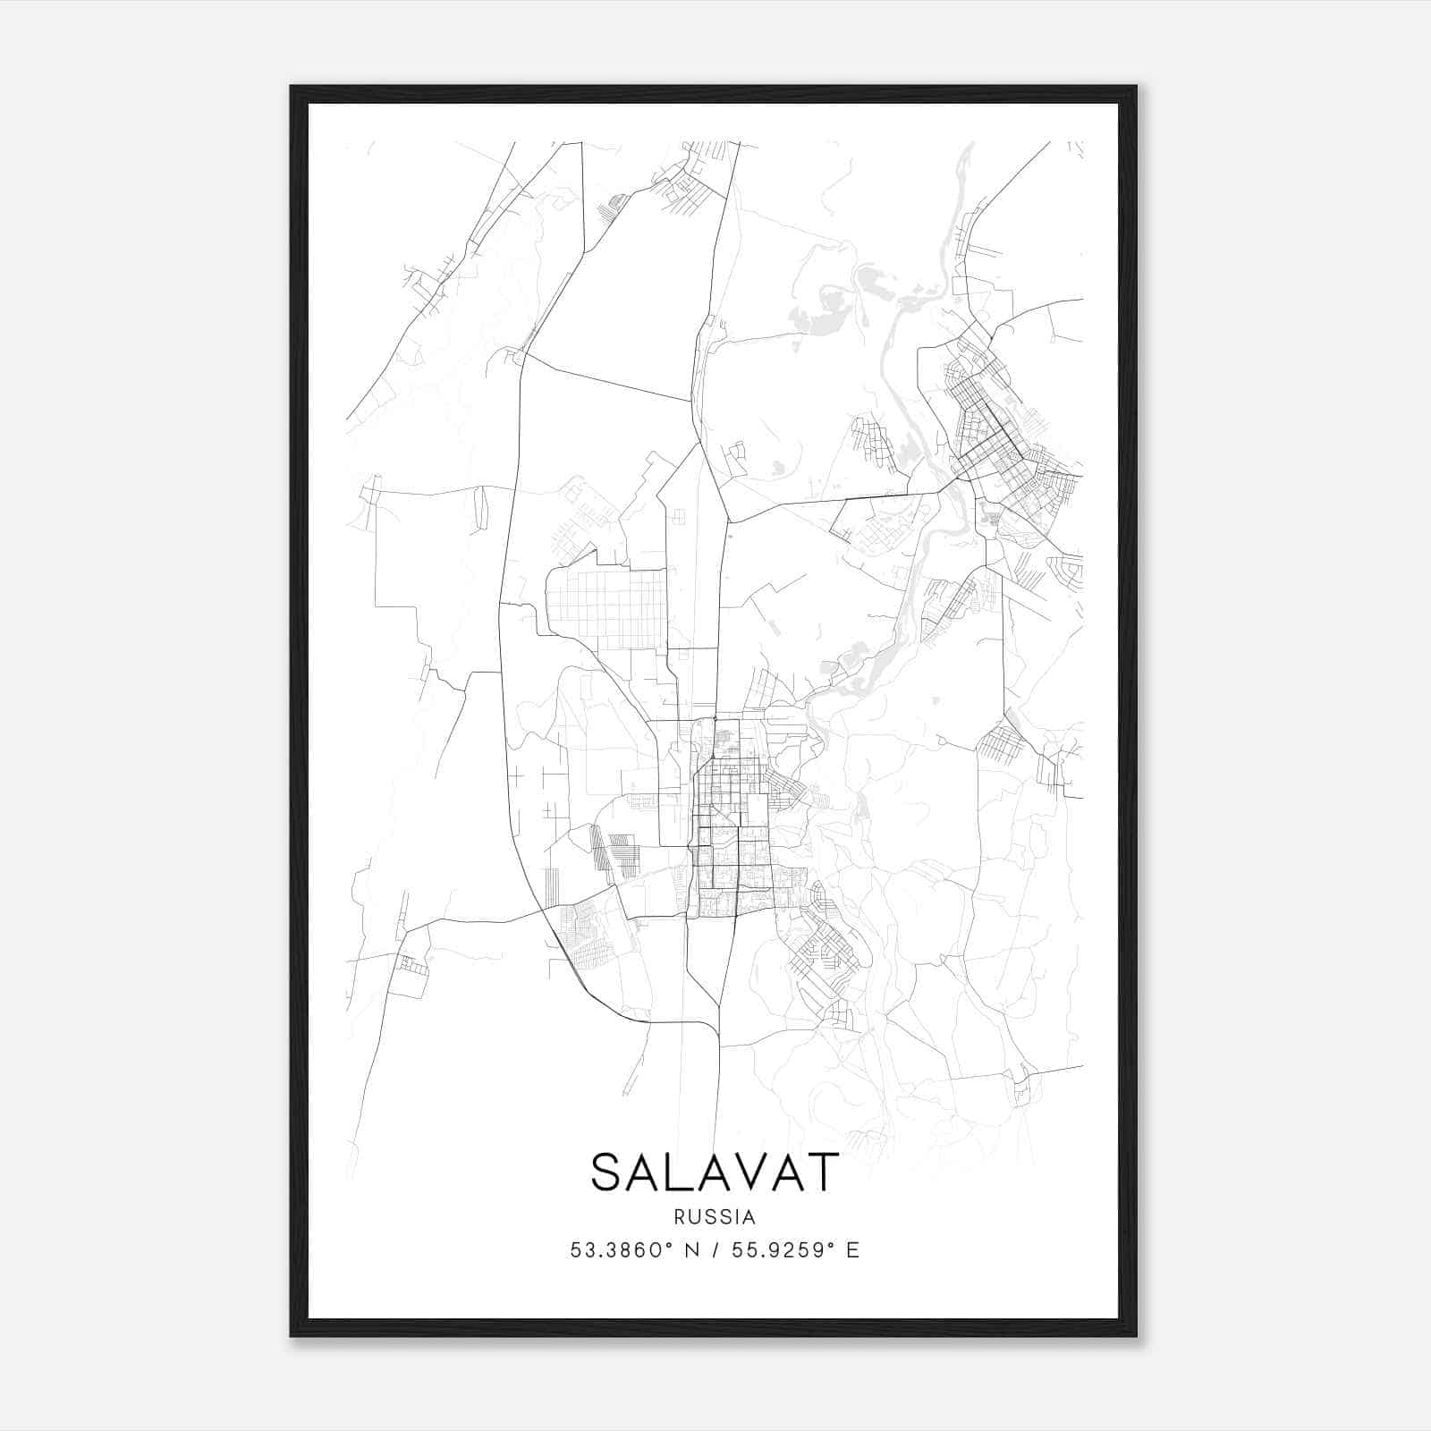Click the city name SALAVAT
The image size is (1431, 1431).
[x=715, y=1172]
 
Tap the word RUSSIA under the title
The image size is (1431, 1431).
[x=715, y=1217]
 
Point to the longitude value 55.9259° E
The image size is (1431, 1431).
[x=795, y=1250]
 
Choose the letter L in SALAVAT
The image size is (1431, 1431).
[x=679, y=1172]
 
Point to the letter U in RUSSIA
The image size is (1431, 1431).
[x=693, y=1217]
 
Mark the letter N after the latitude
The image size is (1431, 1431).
[x=693, y=1250]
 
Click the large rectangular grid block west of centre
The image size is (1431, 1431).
[x=606, y=609]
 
